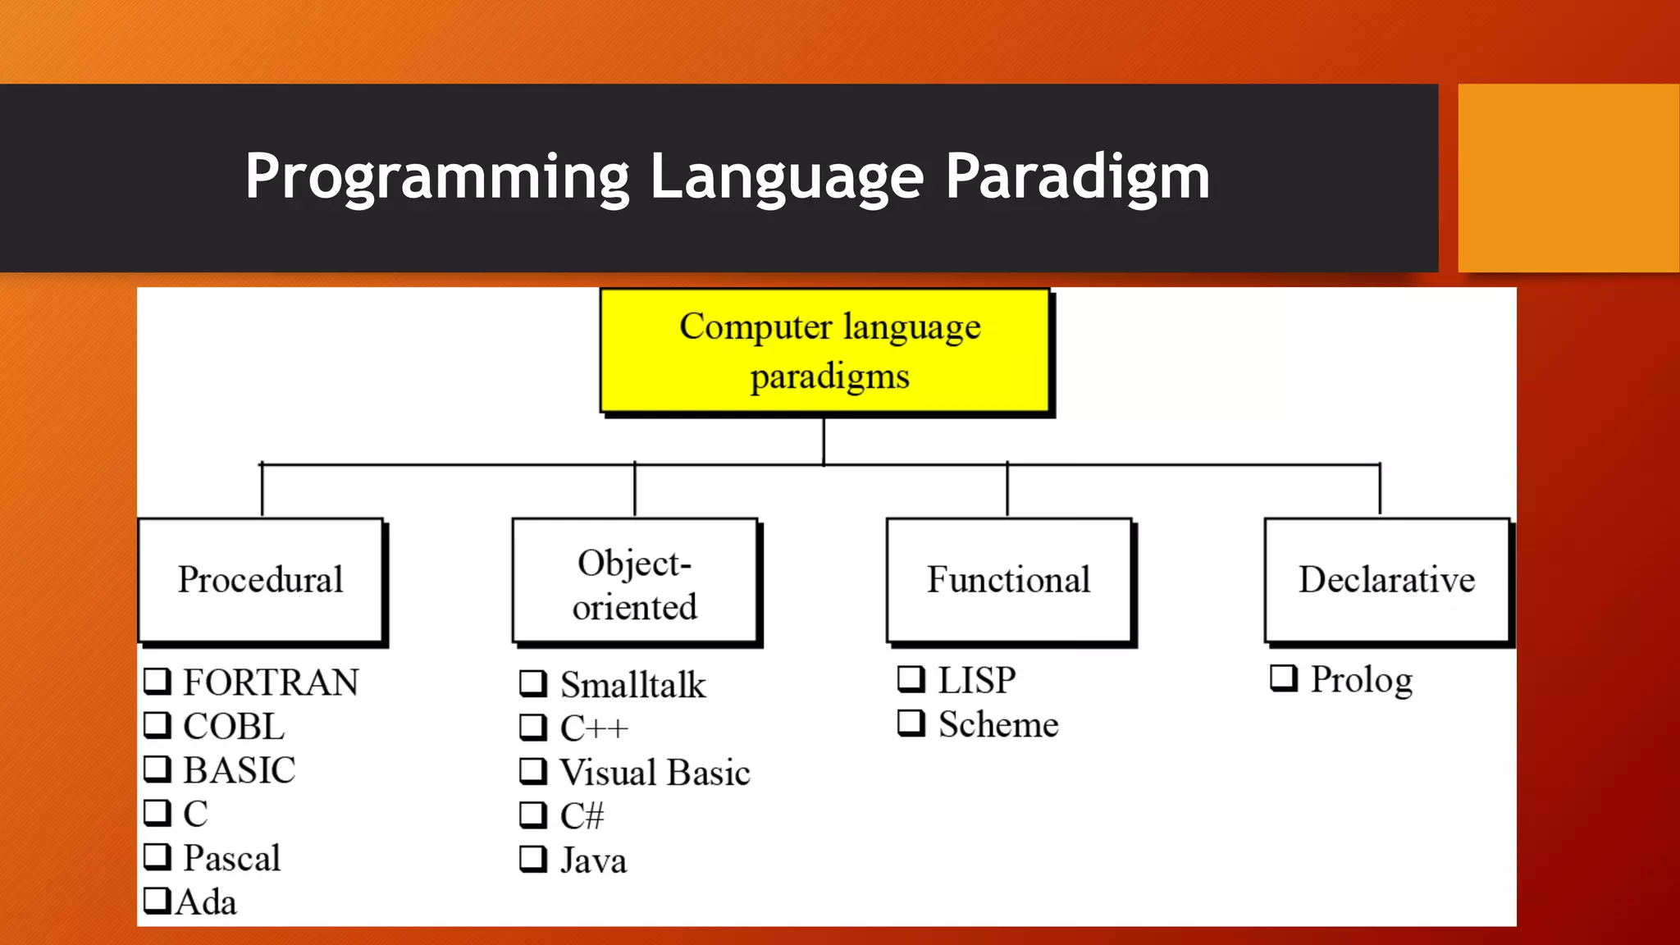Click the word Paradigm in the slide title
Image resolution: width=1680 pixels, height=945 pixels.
click(1077, 176)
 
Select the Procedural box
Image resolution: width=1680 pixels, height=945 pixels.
click(261, 579)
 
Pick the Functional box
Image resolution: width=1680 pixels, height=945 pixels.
click(1008, 579)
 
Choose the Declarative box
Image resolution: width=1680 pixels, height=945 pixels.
click(1386, 579)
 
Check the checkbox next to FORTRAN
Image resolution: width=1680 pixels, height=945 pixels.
click(157, 680)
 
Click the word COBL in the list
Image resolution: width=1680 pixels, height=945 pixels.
click(234, 727)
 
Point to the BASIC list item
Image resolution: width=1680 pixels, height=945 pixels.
click(239, 770)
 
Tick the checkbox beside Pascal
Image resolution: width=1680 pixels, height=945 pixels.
click(157, 856)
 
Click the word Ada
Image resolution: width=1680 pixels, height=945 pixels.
click(207, 902)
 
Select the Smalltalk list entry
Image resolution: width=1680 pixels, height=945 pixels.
click(632, 685)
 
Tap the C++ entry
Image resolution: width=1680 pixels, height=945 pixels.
click(594, 728)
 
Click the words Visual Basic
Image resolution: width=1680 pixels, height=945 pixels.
click(655, 773)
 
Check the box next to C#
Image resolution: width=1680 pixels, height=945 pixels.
click(533, 815)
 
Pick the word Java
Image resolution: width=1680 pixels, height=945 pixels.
click(593, 861)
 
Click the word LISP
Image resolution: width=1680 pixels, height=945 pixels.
click(976, 680)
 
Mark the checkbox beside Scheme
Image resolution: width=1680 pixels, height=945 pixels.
click(911, 723)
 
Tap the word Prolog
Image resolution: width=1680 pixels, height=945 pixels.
click(1361, 679)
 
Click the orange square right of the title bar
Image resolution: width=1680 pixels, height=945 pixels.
click(1568, 177)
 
